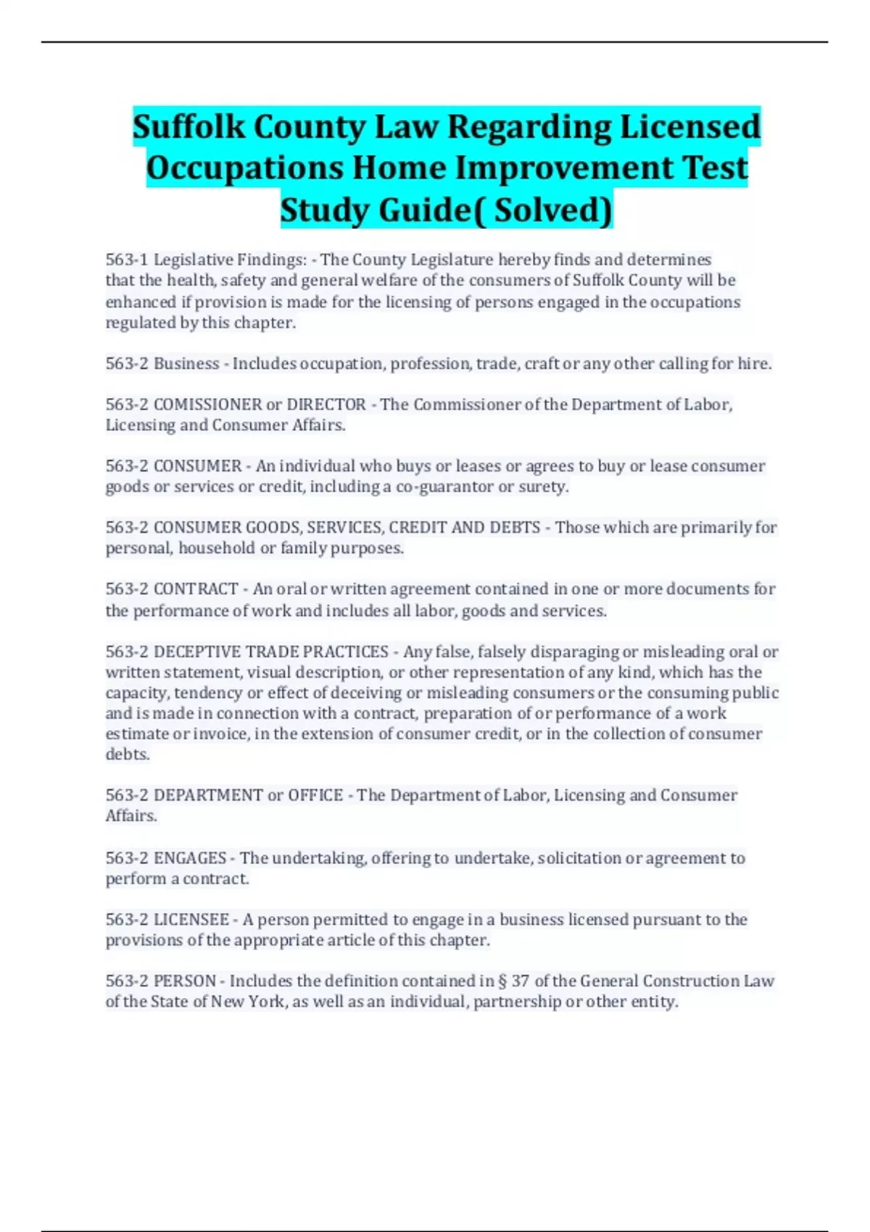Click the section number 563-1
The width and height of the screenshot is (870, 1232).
coord(127,259)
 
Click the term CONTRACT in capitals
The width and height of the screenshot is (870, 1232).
coord(196,589)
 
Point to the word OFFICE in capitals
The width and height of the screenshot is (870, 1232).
coord(315,795)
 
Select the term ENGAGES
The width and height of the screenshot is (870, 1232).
coord(190,858)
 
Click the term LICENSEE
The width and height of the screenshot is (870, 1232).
coord(191,920)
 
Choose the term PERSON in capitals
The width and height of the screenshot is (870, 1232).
coord(185,981)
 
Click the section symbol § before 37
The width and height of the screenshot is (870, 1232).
coord(502,981)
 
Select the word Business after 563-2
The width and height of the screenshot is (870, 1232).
coord(186,363)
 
